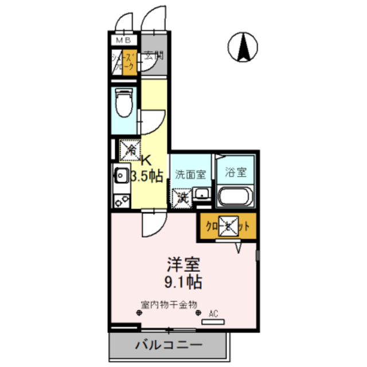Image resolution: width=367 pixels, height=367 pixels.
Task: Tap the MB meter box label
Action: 123,40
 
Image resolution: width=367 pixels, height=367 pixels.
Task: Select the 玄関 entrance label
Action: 153,56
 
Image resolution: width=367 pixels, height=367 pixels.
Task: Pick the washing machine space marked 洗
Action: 182,197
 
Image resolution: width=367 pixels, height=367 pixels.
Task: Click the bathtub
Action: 236,198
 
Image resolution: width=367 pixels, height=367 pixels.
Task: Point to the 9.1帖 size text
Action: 184,282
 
